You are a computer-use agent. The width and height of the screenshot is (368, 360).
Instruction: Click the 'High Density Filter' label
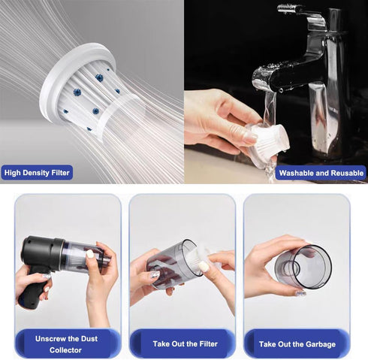(38, 173)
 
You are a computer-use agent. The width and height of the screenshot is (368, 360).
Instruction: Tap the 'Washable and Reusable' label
(321, 173)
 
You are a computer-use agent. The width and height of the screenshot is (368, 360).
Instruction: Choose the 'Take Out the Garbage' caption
(297, 343)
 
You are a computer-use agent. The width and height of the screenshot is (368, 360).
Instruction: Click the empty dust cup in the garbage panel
(304, 267)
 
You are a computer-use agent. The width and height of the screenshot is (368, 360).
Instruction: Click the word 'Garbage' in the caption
(318, 343)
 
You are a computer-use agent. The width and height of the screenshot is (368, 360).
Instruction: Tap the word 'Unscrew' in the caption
(54, 338)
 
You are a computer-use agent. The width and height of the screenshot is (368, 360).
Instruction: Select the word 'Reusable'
(345, 173)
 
